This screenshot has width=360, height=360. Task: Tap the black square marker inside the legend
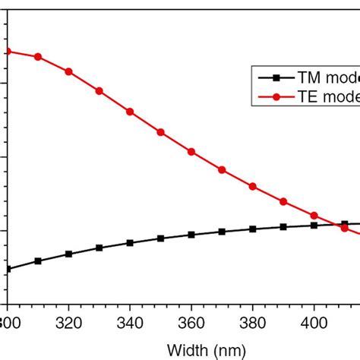click(x=276, y=77)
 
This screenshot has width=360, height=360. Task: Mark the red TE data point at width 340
click(x=130, y=112)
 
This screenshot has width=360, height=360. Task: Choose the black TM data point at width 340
click(x=130, y=243)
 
